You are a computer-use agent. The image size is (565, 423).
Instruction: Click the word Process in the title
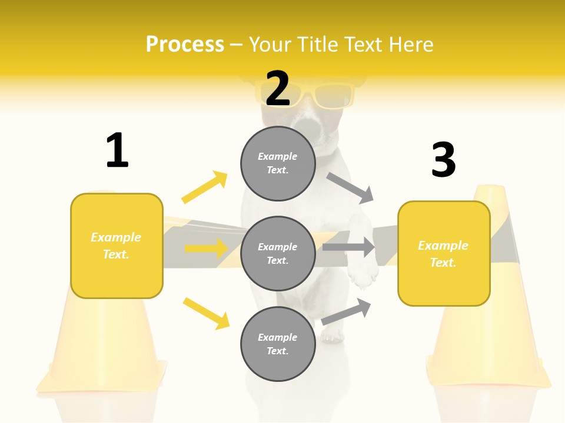[x=185, y=45]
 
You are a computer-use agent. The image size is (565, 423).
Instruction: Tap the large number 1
[x=117, y=150]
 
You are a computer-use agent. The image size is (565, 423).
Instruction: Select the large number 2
[x=278, y=88]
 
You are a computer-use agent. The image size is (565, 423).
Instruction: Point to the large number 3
[x=443, y=160]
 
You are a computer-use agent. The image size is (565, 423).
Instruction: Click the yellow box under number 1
[x=117, y=246]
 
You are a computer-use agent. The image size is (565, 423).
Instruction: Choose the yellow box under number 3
[x=444, y=254]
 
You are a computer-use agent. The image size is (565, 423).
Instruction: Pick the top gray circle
[x=278, y=163]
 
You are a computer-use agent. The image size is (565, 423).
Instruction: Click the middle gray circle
[x=278, y=253]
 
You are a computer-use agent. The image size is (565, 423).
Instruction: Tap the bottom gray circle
[x=278, y=344]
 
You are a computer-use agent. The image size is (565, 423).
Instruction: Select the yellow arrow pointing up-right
[x=204, y=187]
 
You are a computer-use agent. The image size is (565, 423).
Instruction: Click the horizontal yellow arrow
[x=206, y=249]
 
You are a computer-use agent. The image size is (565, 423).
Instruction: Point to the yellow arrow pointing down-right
[x=206, y=313]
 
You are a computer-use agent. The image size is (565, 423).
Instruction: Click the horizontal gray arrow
[x=348, y=247]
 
